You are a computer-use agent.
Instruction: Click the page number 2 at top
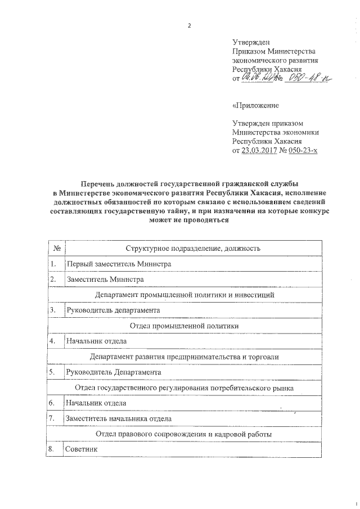point(190,26)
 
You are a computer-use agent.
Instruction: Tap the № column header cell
point(57,247)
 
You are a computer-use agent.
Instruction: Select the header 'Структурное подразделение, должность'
point(192,247)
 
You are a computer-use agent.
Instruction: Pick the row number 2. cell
point(53,279)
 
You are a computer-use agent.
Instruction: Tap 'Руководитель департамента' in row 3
point(113,310)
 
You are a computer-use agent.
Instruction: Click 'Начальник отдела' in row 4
point(96,341)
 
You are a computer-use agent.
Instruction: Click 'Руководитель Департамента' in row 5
point(114,372)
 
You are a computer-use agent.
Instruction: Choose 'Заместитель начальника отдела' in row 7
point(118,418)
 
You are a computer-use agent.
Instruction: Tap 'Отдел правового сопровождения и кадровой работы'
point(184,434)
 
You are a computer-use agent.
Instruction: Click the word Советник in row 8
point(82,450)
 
